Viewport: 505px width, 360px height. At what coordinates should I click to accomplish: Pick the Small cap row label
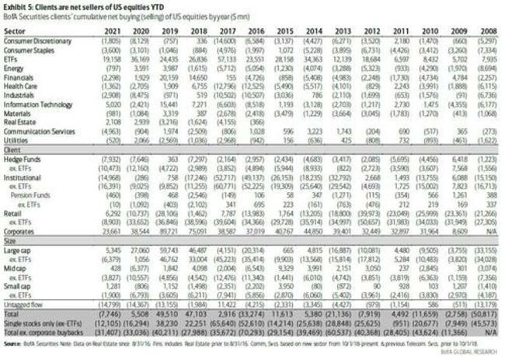pyautogui.click(x=22, y=286)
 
